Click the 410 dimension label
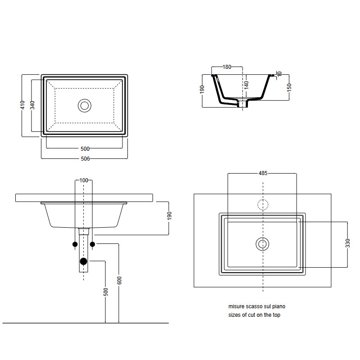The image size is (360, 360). point(22,105)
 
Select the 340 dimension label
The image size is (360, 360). point(32,105)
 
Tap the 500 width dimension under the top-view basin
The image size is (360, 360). point(85,149)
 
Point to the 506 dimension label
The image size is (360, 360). point(85,159)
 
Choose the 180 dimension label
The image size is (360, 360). point(227,67)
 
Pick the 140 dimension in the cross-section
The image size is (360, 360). point(246,85)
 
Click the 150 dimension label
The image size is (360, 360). point(289,87)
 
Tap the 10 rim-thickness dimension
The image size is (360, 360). point(279,74)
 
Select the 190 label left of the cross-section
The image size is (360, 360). point(202,89)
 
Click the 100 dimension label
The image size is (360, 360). point(84,180)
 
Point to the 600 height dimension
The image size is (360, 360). point(119,280)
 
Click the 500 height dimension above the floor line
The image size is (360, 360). point(106,292)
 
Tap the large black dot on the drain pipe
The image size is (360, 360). point(84,261)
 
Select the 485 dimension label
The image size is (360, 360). point(263,173)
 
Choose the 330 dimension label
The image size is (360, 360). point(347,243)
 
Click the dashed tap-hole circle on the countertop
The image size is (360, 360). point(263,199)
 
